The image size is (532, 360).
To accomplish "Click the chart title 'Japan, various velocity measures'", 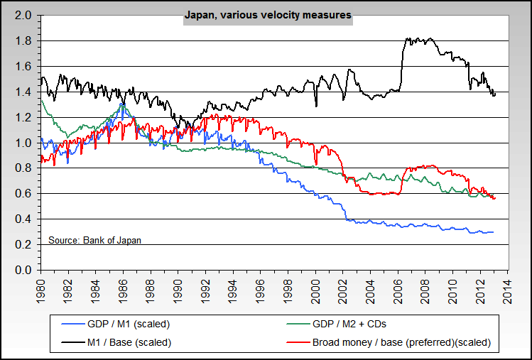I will click(x=267, y=13).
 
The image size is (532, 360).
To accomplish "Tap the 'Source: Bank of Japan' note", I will click(x=94, y=240).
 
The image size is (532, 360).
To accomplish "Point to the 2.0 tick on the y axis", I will click(x=23, y=15).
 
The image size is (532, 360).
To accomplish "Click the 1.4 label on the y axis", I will click(x=23, y=92).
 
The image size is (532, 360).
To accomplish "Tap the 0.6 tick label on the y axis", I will click(x=23, y=194).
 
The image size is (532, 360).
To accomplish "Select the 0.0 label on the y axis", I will click(x=23, y=271).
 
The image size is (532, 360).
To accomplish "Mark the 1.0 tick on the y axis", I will click(x=23, y=143).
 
